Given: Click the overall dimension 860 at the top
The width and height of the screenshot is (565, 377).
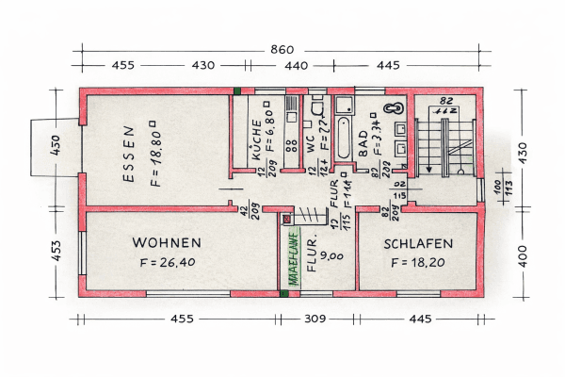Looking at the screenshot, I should [x=283, y=49].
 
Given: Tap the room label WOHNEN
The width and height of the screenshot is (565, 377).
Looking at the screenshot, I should [x=167, y=241].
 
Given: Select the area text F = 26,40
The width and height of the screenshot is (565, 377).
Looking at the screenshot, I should [x=169, y=263].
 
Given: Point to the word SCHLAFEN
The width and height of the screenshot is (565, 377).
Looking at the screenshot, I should [x=420, y=242].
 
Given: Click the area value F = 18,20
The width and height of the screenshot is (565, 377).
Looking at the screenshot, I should [x=420, y=263].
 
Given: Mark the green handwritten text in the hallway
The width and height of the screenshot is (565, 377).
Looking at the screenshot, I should [x=293, y=258].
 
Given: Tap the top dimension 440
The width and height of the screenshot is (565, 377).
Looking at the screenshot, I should [x=296, y=66].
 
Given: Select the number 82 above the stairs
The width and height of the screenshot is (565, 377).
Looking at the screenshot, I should [x=446, y=100].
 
